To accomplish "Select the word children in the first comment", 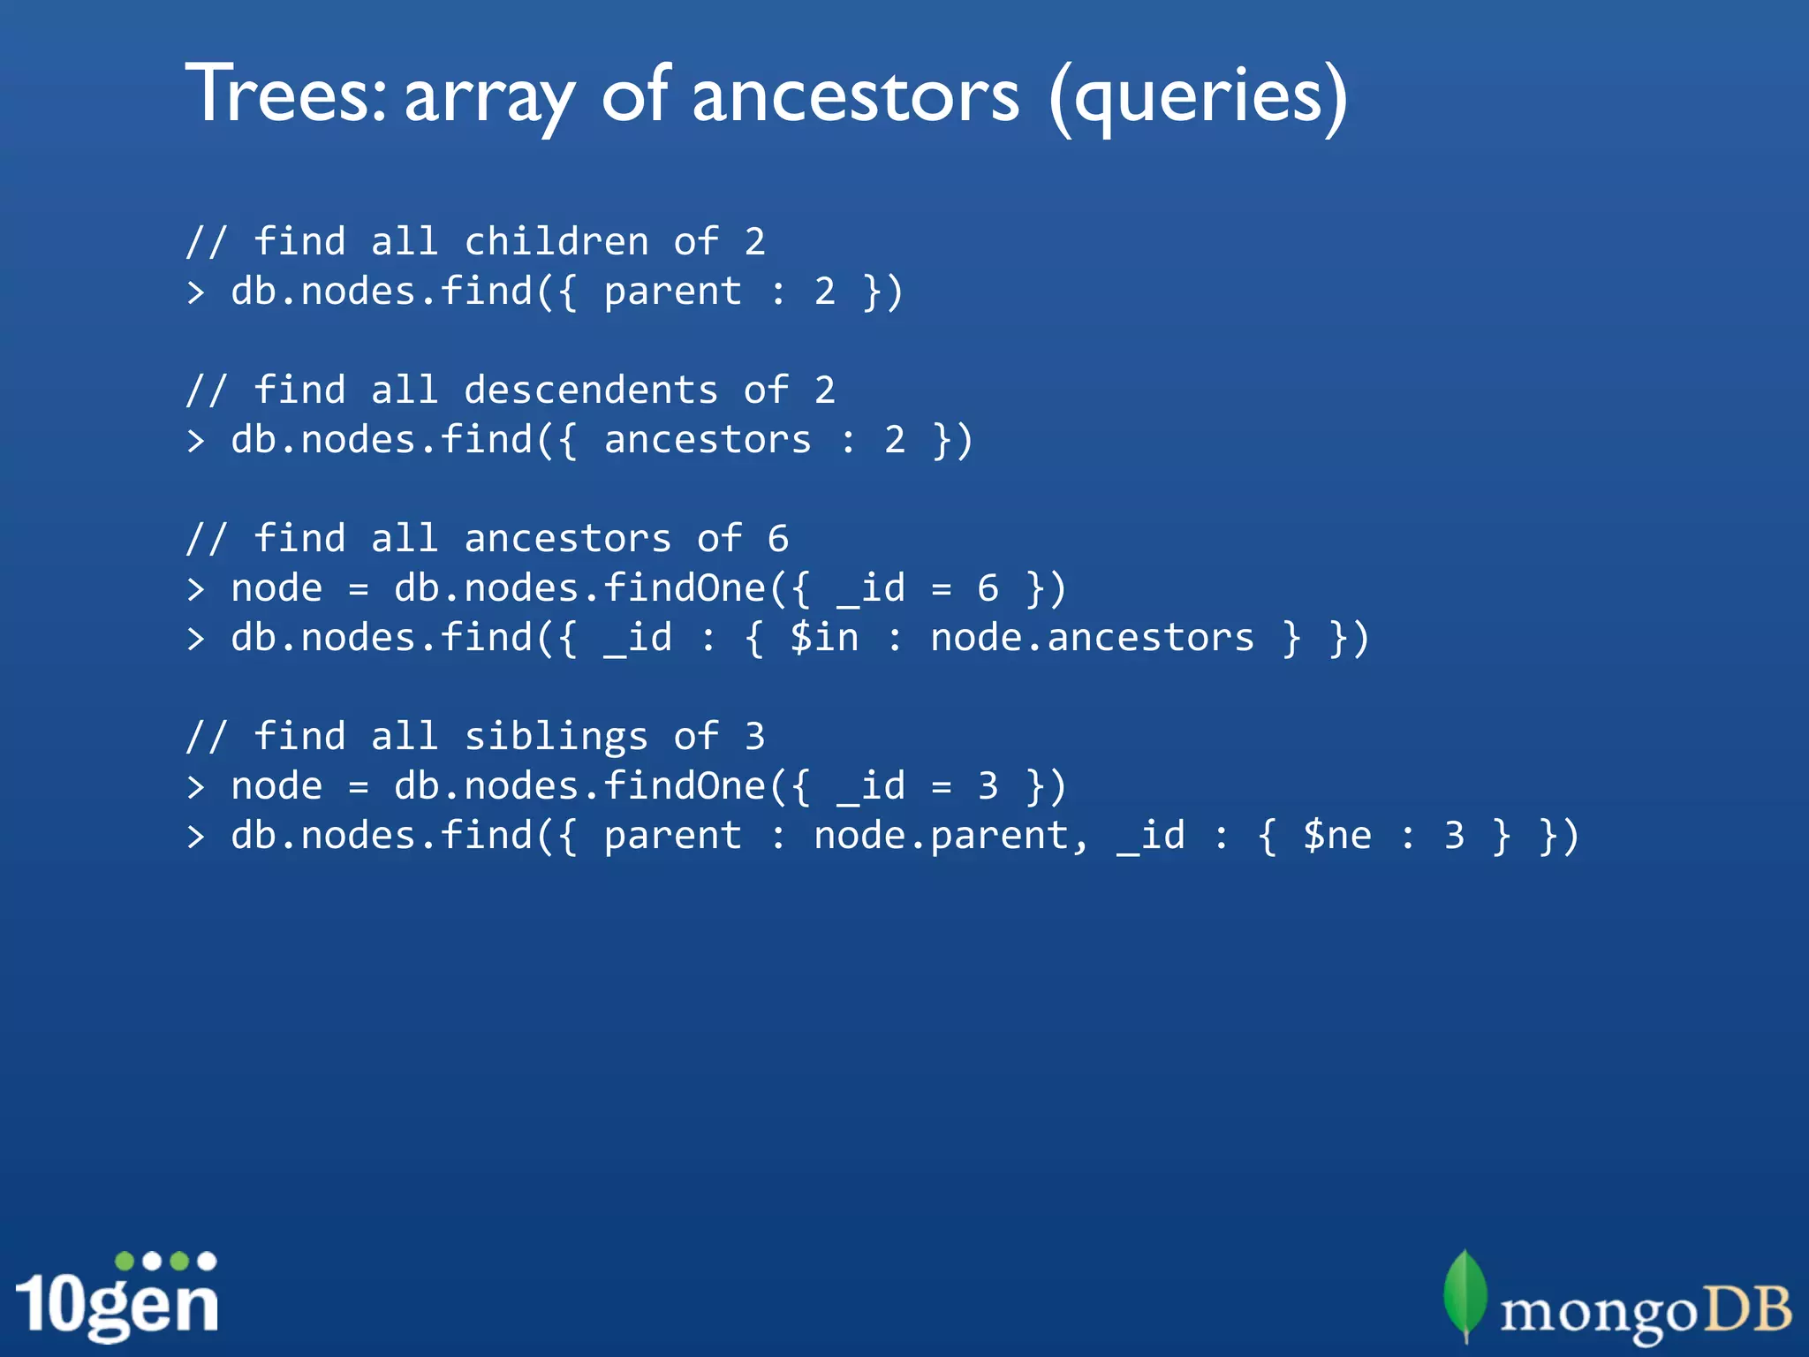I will pos(556,241).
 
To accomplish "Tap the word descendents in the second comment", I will pos(591,390).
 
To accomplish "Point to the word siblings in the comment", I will pos(556,736).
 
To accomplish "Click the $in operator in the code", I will pos(824,637).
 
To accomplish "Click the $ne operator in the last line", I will pos(1337,835).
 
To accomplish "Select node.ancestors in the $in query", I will pos(1092,637).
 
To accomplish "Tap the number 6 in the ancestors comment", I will pos(777,538).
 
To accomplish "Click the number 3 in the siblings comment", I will pos(754,736).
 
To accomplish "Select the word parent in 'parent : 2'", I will pos(672,291).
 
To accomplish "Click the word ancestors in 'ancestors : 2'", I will pos(708,439).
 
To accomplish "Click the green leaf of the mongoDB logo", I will pos(1465,1293).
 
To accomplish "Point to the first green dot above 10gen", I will pos(125,1261).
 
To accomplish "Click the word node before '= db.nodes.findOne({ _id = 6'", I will pos(276,588).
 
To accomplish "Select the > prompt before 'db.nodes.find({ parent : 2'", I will pos(196,292).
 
